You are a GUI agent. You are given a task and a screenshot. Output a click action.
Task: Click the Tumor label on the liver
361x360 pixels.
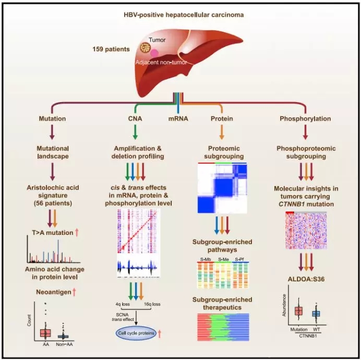(x=157, y=40)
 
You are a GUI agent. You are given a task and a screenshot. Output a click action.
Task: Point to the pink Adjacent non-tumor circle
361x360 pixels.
(x=154, y=53)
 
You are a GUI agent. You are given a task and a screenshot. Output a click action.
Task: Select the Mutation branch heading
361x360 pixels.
(x=52, y=118)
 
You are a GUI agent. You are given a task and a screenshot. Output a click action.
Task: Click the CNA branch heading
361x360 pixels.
(x=135, y=118)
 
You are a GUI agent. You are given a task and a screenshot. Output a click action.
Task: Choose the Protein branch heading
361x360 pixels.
(x=222, y=118)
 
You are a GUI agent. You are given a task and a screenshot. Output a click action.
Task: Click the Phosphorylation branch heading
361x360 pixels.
(x=307, y=118)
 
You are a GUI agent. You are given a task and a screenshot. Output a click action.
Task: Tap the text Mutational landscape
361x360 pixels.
(x=52, y=152)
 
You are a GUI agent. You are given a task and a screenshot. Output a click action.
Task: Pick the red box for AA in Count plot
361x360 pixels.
(x=45, y=332)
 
